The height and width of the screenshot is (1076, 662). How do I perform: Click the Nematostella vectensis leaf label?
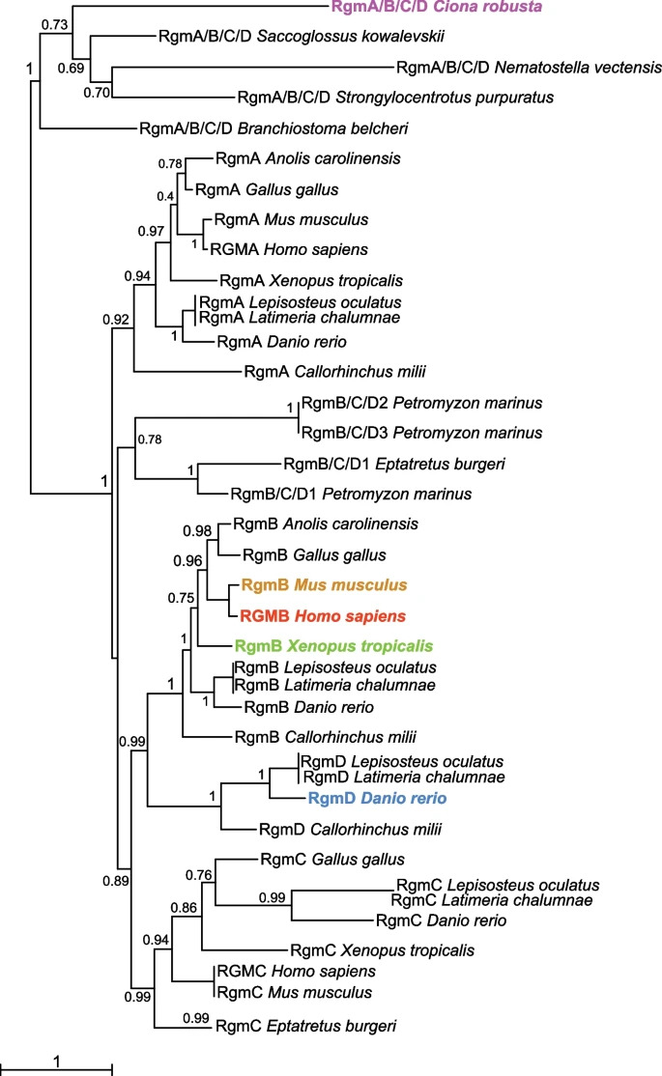[529, 68]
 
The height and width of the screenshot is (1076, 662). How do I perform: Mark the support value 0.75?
[181, 598]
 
